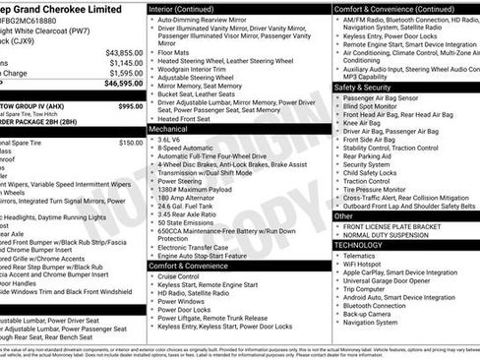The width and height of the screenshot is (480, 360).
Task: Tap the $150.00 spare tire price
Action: (130, 144)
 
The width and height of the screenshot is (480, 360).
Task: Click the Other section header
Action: (344, 215)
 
